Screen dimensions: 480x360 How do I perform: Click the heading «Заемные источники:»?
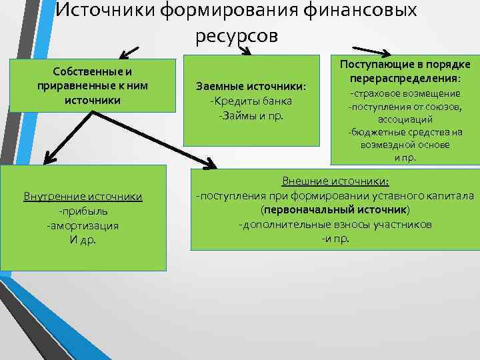(x=251, y=87)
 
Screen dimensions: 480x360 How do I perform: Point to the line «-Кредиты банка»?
(x=251, y=101)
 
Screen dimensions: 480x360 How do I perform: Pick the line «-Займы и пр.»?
(x=251, y=115)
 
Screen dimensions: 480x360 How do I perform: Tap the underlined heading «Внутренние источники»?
(x=83, y=197)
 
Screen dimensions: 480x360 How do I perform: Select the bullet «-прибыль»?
(x=83, y=211)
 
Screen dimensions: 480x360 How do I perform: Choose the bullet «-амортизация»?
(x=83, y=225)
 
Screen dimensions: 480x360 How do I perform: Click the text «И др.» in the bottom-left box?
(x=83, y=239)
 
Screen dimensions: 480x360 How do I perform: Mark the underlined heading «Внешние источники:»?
(x=336, y=181)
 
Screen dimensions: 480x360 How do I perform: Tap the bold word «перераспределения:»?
(x=405, y=78)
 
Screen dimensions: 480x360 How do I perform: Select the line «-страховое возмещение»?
(x=405, y=94)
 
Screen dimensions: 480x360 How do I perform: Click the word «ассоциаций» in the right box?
(x=405, y=119)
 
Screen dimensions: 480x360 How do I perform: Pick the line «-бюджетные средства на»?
(x=405, y=132)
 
